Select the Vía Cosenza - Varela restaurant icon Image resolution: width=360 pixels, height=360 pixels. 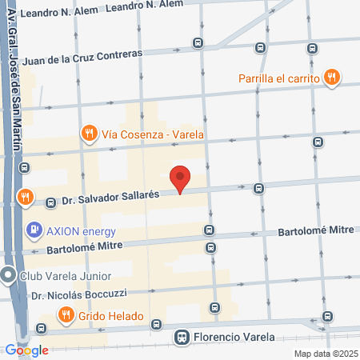pos(89,134)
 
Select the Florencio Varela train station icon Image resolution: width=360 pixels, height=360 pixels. pos(183,337)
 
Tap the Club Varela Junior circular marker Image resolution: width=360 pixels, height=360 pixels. pos(8,277)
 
